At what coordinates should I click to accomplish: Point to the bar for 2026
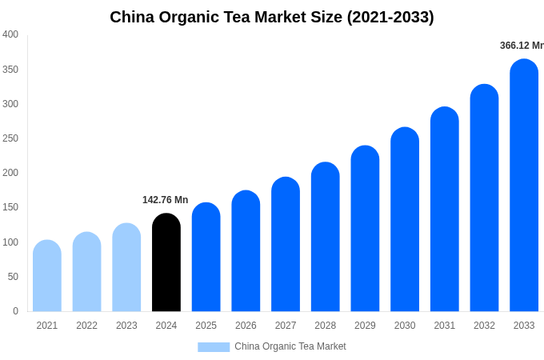(246, 251)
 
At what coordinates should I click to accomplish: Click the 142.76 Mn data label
(165, 200)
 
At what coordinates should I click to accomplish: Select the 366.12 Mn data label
(522, 46)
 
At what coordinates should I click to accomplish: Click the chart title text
(272, 17)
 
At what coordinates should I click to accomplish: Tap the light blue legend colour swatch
(214, 346)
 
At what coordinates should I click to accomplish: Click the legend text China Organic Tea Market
(290, 346)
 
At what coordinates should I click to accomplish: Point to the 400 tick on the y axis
(10, 34)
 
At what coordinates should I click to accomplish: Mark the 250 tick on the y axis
(10, 138)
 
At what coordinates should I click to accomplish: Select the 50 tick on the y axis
(13, 277)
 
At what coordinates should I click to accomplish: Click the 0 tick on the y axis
(15, 311)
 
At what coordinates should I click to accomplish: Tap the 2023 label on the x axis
(126, 326)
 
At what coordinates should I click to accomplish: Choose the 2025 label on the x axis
(206, 326)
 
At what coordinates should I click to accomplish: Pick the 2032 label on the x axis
(484, 326)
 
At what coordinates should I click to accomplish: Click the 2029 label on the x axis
(365, 326)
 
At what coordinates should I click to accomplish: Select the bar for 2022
(86, 272)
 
